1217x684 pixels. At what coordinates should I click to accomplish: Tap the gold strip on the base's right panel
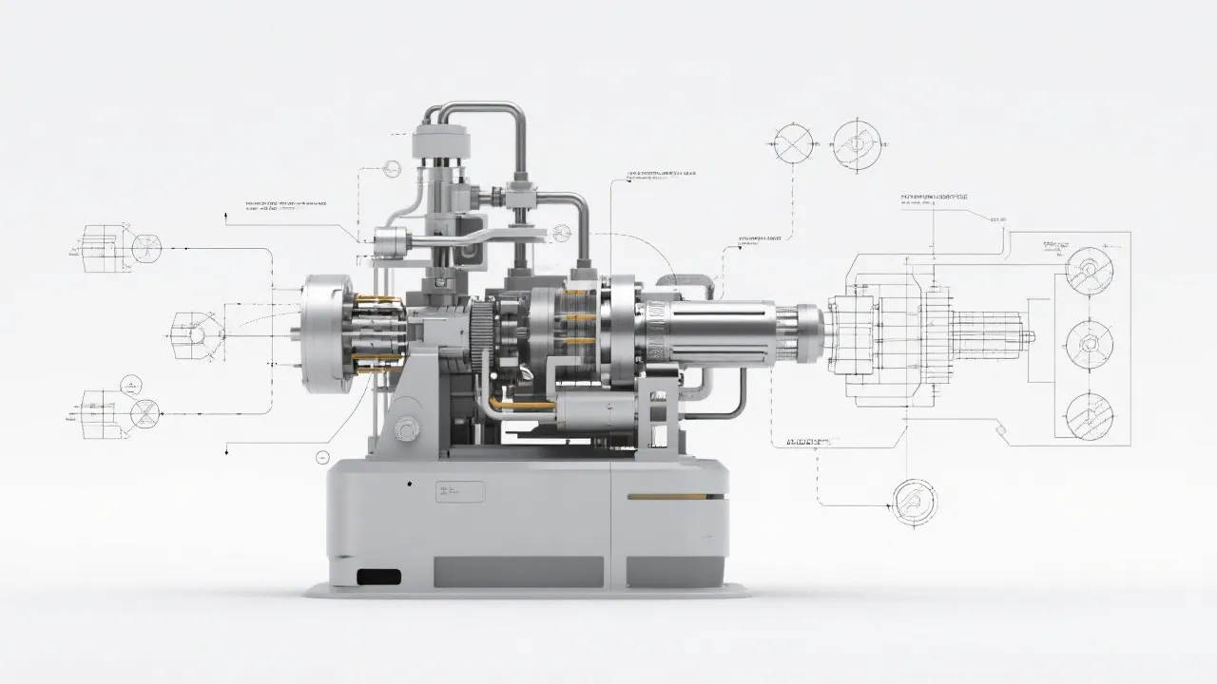[x=666, y=496]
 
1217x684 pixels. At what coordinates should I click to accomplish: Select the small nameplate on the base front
[x=460, y=491]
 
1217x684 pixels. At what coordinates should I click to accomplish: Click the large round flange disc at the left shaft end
[x=324, y=330]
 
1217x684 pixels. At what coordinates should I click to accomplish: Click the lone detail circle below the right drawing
[x=914, y=500]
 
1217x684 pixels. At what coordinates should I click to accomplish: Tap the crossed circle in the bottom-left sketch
[x=145, y=413]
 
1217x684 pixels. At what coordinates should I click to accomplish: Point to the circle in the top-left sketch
[x=145, y=249]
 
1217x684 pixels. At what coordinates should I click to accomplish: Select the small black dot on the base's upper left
[x=410, y=484]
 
